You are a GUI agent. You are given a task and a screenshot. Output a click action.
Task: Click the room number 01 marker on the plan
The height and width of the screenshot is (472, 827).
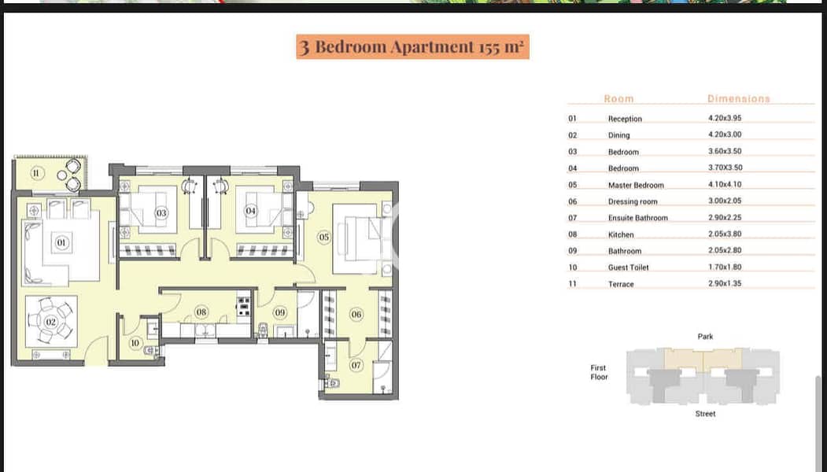click(x=61, y=242)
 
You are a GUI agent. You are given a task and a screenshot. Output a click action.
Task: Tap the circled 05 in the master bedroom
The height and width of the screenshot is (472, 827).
click(x=324, y=238)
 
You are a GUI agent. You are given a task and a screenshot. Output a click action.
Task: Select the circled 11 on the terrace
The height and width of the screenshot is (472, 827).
click(x=36, y=173)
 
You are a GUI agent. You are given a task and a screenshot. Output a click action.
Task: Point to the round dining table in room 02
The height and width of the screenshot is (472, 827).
click(x=50, y=321)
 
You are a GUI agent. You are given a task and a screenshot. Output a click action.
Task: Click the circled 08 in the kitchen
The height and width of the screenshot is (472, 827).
click(x=201, y=312)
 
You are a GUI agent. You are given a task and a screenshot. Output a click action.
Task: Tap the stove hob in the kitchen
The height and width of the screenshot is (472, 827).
click(x=244, y=305)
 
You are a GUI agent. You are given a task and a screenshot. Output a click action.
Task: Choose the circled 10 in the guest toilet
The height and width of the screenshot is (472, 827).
click(x=135, y=343)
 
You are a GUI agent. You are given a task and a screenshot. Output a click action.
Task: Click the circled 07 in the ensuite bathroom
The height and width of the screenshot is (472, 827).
click(x=356, y=365)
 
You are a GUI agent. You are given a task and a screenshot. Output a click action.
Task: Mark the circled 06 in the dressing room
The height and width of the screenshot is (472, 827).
click(x=356, y=315)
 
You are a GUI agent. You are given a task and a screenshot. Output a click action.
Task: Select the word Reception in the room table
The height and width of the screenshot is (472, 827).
click(x=625, y=119)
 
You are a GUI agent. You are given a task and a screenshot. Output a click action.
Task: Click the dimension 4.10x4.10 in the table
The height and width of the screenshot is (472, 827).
click(x=725, y=184)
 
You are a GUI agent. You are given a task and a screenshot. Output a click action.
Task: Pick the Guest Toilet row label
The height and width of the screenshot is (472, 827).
click(x=628, y=267)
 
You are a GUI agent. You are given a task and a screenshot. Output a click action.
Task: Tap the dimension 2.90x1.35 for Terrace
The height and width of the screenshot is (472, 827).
click(x=725, y=283)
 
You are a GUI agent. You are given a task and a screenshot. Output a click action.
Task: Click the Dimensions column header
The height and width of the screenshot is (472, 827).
click(x=738, y=98)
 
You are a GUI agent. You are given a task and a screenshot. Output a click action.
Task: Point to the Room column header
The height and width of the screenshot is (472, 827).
click(x=618, y=98)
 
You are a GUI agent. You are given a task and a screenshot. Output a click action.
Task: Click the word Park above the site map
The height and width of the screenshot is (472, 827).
click(x=705, y=337)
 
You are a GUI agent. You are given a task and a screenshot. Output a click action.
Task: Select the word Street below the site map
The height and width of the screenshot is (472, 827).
click(x=705, y=414)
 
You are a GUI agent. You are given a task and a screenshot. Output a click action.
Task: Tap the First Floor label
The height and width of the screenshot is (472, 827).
click(x=599, y=372)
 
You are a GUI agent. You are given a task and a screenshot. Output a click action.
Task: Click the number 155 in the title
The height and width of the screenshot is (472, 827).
click(x=490, y=47)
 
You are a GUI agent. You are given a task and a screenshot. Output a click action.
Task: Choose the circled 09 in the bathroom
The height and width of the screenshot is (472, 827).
click(x=280, y=313)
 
